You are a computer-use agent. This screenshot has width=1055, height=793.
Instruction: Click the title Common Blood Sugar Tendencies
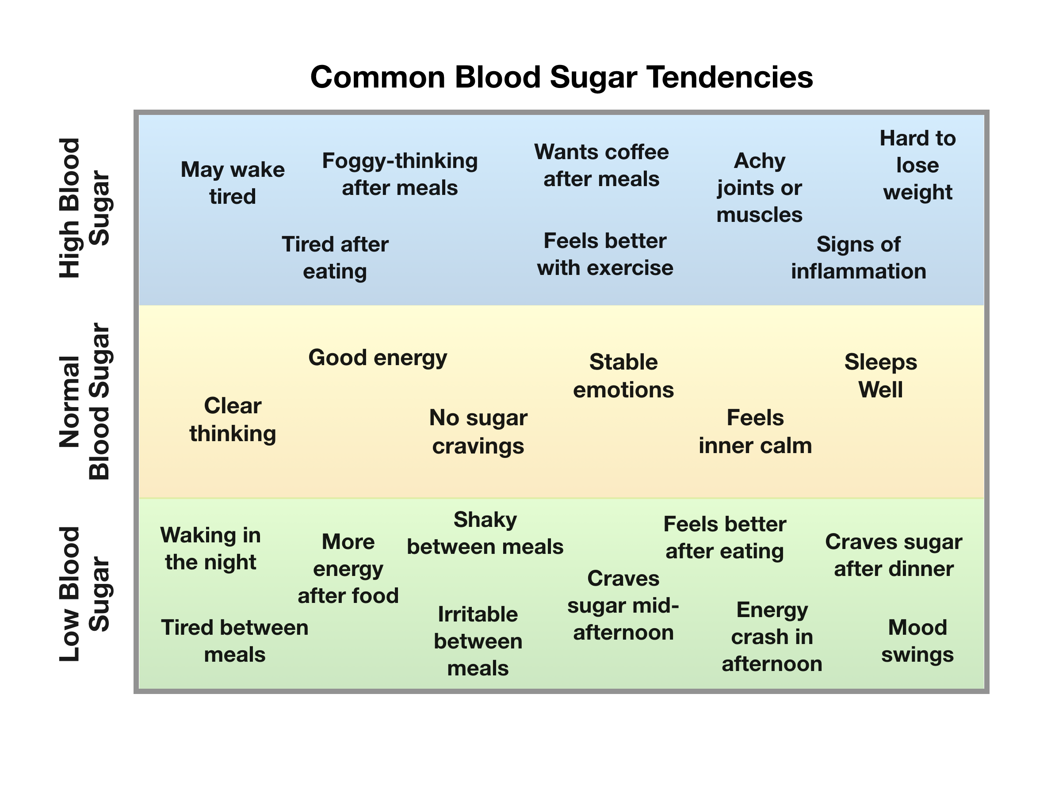pyautogui.click(x=561, y=77)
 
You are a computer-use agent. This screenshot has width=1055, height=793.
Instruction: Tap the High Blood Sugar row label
pyautogui.click(x=84, y=208)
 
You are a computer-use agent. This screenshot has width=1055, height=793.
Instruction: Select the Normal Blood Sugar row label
pyautogui.click(x=84, y=401)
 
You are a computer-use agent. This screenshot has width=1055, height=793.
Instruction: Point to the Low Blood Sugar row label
pyautogui.click(x=84, y=594)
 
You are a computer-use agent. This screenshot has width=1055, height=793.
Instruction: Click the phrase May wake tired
pyautogui.click(x=233, y=183)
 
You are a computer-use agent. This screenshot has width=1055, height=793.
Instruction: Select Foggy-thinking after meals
pyautogui.click(x=400, y=174)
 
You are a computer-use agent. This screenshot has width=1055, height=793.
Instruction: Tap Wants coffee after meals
pyautogui.click(x=601, y=165)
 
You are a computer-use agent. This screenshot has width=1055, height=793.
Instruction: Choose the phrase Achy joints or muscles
pyautogui.click(x=759, y=187)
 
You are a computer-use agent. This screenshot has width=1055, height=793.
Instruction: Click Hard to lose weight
pyautogui.click(x=917, y=165)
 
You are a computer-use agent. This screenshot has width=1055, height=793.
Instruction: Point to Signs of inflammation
pyautogui.click(x=859, y=258)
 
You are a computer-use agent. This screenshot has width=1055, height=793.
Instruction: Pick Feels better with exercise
pyautogui.click(x=605, y=254)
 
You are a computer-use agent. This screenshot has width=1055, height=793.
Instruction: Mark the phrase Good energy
pyautogui.click(x=378, y=358)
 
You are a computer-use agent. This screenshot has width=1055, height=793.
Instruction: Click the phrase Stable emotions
pyautogui.click(x=623, y=376)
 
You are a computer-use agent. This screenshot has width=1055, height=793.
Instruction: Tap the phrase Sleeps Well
pyautogui.click(x=880, y=376)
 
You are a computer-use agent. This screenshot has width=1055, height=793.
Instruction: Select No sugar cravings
pyautogui.click(x=478, y=431)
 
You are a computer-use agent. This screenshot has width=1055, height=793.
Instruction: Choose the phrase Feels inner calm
pyautogui.click(x=755, y=431)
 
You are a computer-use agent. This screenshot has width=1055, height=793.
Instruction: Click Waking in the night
pyautogui.click(x=210, y=549)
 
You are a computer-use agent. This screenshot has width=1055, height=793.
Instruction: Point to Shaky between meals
pyautogui.click(x=485, y=533)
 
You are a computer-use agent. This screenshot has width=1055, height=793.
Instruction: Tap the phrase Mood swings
pyautogui.click(x=917, y=641)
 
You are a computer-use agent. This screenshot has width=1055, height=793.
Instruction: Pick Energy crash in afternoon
pyautogui.click(x=772, y=637)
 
